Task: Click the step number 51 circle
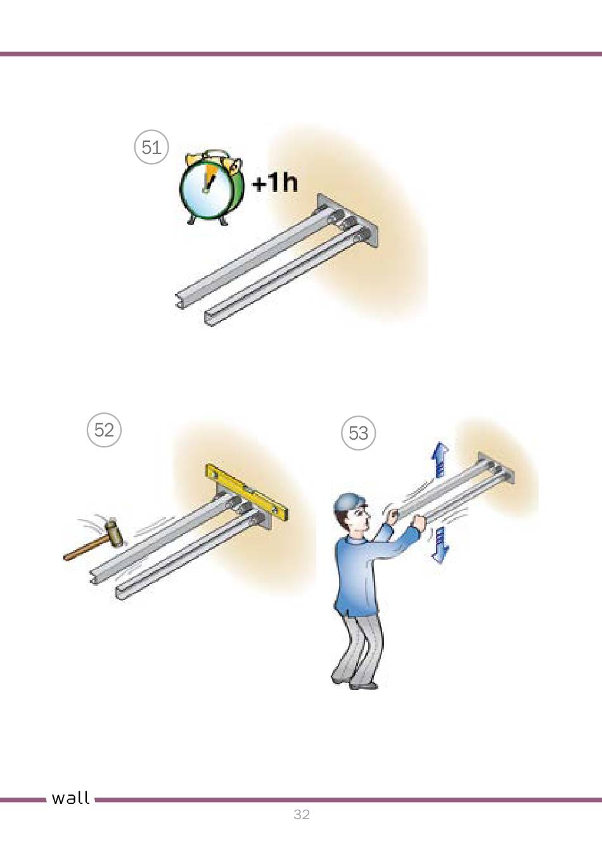pyautogui.click(x=151, y=147)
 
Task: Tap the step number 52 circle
pyautogui.click(x=104, y=430)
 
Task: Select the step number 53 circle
pyautogui.click(x=359, y=433)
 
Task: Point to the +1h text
pyautogui.click(x=275, y=182)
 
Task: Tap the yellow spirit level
pyautogui.click(x=247, y=492)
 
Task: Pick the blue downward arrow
pyautogui.click(x=440, y=545)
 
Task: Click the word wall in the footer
pyautogui.click(x=70, y=798)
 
